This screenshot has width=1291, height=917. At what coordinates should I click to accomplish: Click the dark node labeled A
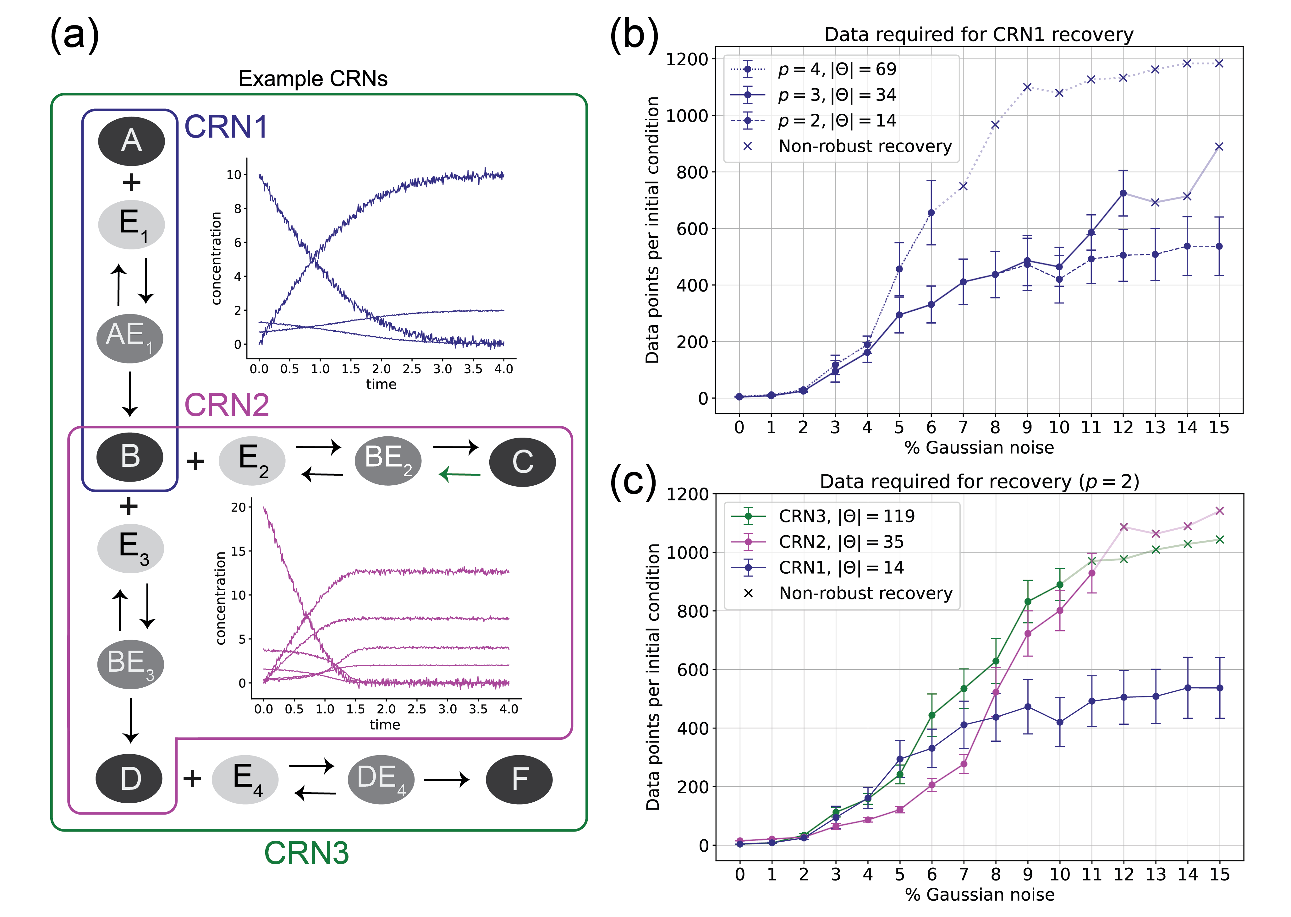pos(131,141)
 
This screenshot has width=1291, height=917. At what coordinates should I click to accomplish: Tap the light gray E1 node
pos(131,224)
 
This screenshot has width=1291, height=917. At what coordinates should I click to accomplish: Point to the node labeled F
pos(519,779)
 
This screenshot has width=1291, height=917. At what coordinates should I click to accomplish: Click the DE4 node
pos(381,779)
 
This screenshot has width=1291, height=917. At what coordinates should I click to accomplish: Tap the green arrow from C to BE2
pos(460,474)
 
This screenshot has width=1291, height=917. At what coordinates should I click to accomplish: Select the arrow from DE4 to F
pos(446,780)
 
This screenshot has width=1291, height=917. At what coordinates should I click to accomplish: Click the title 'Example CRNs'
pos(313,79)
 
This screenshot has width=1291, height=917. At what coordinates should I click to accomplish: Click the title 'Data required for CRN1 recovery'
pos(979,35)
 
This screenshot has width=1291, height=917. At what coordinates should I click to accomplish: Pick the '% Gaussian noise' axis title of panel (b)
pos(979,447)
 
